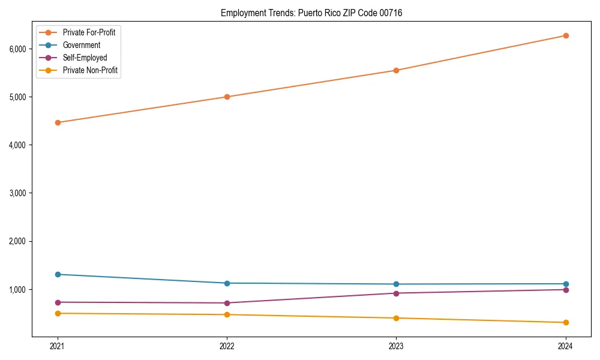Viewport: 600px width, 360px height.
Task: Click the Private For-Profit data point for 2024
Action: pos(565,35)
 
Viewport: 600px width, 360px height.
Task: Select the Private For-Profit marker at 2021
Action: pos(58,122)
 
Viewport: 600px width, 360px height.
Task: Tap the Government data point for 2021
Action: pos(58,274)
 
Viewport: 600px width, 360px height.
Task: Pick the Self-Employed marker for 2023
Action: pos(396,293)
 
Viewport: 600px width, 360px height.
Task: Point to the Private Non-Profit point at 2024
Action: pos(565,323)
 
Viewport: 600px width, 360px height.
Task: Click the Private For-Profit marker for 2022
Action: pos(227,97)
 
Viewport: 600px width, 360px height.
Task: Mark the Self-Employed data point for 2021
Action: pos(58,302)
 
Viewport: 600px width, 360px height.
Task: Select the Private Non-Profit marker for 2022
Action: pos(227,314)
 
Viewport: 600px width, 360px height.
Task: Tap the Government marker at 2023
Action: pos(396,284)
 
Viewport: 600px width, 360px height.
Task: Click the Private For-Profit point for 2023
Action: pos(396,70)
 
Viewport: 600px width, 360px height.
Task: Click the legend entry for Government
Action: pos(81,45)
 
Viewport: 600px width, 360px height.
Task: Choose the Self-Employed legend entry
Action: pos(85,58)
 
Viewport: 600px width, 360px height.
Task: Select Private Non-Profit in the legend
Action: pos(90,70)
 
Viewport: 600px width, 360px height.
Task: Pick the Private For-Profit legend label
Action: pos(89,32)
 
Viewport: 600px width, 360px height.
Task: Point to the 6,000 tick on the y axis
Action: pos(19,49)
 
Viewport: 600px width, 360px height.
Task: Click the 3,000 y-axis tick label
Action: pos(19,193)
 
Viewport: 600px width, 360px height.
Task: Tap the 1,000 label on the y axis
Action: pos(19,290)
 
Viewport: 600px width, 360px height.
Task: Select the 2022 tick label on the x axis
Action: pos(227,346)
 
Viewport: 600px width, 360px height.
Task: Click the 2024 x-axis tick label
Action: pos(565,346)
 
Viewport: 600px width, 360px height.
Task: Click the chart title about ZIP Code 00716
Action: pos(311,13)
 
